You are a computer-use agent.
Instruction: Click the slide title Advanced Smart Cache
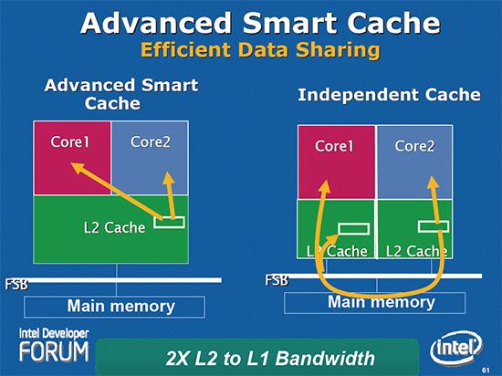pos(251,22)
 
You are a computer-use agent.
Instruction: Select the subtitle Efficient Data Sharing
pos(251,49)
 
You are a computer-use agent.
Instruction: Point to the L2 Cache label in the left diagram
pos(108,227)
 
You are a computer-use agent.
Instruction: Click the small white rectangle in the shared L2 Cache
pos(169,222)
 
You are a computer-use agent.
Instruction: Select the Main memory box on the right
pos(381,302)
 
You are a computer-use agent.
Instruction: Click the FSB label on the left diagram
pos(16,286)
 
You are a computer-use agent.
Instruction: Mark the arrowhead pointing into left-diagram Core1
pos(77,169)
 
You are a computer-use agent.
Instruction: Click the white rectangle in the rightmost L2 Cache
pos(433,226)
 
